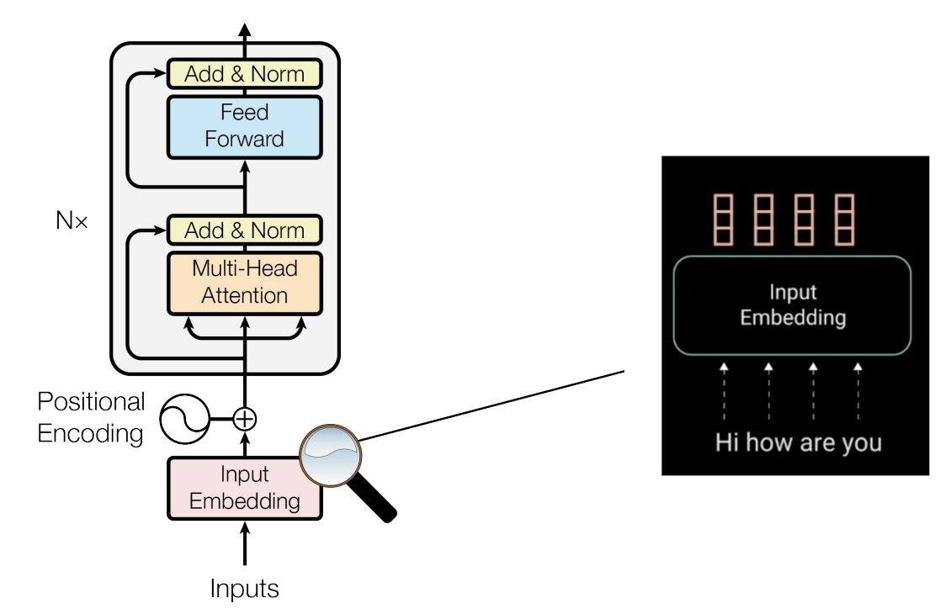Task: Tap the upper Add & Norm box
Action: (244, 74)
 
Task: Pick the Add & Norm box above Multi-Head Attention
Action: (244, 230)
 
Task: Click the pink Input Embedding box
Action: (244, 487)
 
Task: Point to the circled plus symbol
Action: (244, 417)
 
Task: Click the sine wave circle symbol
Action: (183, 418)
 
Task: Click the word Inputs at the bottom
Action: (244, 588)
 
